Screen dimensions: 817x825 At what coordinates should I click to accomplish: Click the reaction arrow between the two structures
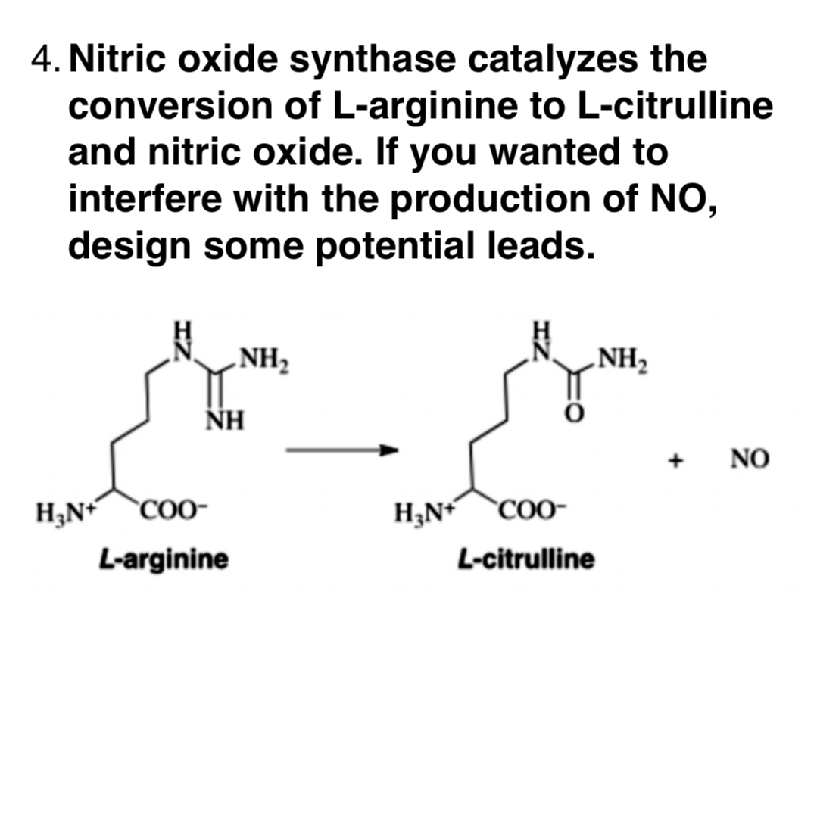(341, 450)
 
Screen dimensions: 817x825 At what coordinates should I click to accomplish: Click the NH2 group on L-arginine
(257, 354)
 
